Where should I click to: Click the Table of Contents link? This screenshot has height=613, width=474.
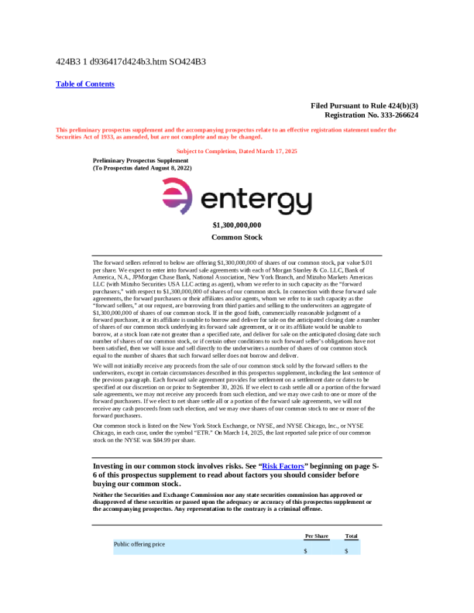(85, 84)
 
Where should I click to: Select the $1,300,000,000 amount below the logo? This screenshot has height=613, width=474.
(237, 225)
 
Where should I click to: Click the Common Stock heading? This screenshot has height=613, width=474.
(237, 238)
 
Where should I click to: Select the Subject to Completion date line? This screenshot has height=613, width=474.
(237, 152)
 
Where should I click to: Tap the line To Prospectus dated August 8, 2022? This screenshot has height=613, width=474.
(143, 168)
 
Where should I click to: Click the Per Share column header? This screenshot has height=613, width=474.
(317, 536)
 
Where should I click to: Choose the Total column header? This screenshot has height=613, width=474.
(351, 536)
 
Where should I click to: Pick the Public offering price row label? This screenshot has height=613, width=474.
(139, 544)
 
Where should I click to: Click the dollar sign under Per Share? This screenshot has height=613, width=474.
(306, 551)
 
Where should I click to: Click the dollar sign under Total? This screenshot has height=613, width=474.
(346, 551)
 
